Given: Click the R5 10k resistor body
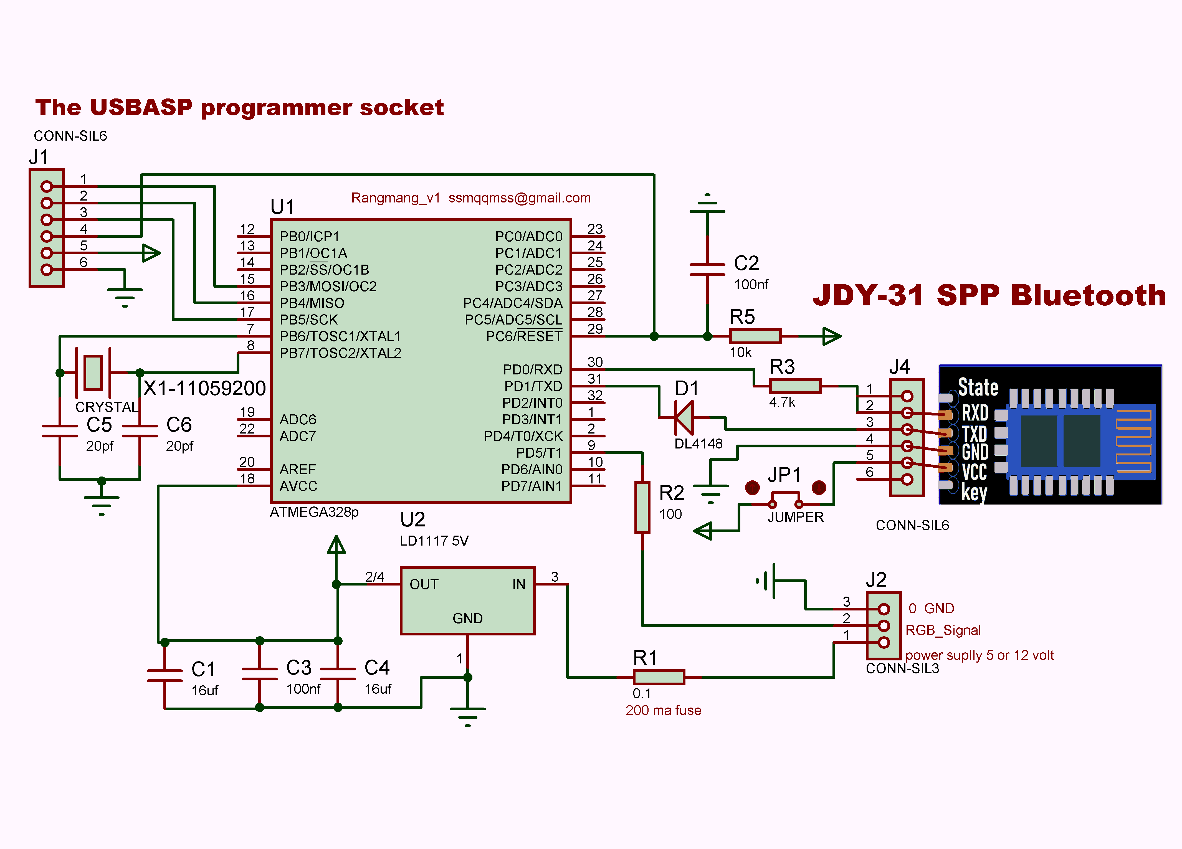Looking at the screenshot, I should [x=755, y=336].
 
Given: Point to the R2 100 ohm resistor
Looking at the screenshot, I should [x=642, y=507].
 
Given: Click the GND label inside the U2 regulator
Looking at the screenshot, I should [x=467, y=618].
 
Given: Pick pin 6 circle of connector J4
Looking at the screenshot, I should [x=907, y=479].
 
